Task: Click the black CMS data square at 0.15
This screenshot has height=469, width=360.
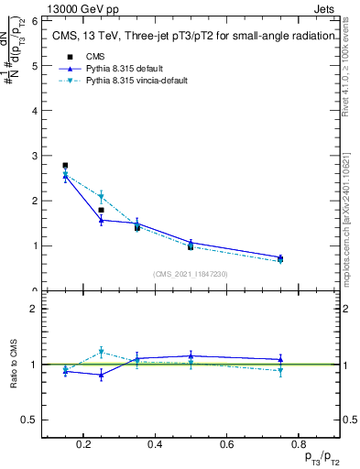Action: tap(65, 166)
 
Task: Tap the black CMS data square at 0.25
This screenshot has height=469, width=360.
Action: tap(101, 210)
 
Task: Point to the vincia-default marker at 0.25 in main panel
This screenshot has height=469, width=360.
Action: tap(101, 196)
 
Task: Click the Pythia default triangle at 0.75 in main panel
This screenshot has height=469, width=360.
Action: tap(280, 257)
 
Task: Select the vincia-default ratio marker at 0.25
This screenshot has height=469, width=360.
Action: tap(101, 352)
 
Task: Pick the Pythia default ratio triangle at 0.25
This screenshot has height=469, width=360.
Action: tap(101, 375)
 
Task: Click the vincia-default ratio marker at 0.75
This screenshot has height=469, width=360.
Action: tap(280, 370)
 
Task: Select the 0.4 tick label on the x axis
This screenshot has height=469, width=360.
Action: tap(155, 444)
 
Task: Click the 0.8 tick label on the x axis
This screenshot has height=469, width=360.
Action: tap(298, 444)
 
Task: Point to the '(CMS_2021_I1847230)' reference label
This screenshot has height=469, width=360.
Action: tap(190, 274)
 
